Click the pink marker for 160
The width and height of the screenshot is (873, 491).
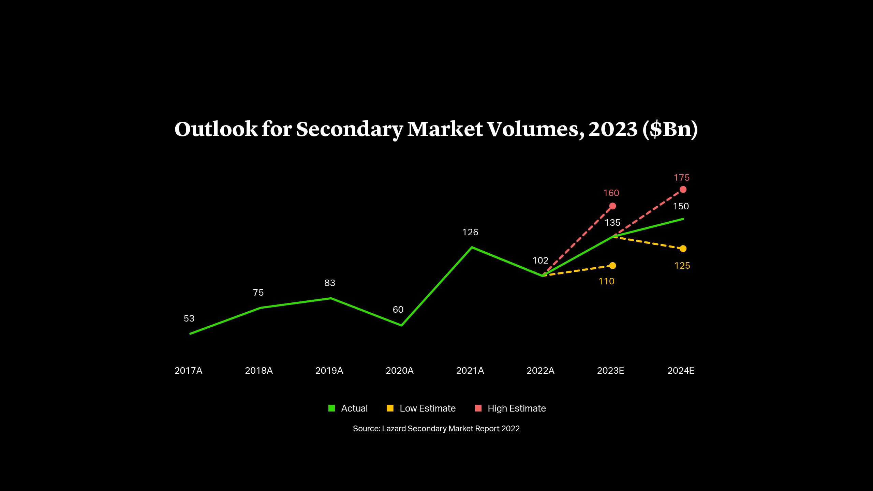coord(612,206)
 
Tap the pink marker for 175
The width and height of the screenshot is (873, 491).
coord(683,189)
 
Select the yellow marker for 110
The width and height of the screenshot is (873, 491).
coord(612,266)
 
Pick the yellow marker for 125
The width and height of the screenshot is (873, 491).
coord(683,249)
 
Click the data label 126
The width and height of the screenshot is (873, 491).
coord(470,232)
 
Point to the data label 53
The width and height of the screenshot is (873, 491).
coord(189,318)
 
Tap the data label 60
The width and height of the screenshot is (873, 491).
coord(398,310)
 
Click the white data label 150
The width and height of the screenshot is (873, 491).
coord(681,206)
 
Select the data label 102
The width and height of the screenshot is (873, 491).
coord(540,261)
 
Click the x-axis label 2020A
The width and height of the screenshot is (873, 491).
coord(399,371)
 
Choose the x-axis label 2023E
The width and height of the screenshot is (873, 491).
coord(610,371)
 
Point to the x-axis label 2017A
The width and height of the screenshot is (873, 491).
coord(188,371)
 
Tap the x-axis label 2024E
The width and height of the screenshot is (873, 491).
coord(681,371)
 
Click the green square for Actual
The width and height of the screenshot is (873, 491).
coord(331,408)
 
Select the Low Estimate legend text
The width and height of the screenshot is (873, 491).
coord(427,408)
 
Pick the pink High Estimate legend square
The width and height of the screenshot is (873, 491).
coord(478,408)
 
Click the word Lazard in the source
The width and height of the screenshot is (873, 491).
coord(394,429)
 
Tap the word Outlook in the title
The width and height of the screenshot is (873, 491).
coord(216,130)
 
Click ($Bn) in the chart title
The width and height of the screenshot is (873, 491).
coord(670,130)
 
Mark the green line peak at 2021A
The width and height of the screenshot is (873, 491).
coord(472,247)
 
